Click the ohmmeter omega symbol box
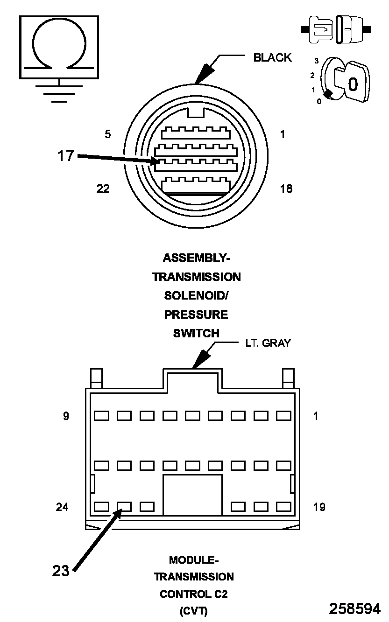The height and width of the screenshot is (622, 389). [x=59, y=47]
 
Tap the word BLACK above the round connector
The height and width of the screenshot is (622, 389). [x=272, y=58]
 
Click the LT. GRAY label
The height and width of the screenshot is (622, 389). [x=268, y=343]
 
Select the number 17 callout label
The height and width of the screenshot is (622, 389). [x=66, y=155]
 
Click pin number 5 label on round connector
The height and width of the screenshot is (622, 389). [x=108, y=134]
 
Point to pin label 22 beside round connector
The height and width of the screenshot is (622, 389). [x=103, y=189]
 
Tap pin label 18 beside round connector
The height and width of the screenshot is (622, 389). [x=286, y=189]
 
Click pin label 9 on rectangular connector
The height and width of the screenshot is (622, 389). [x=66, y=416]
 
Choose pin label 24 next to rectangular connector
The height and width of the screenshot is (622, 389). [x=62, y=507]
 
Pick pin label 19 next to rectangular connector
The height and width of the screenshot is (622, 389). [x=319, y=507]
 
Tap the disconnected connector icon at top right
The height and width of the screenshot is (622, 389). [x=336, y=29]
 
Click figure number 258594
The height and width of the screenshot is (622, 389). [x=354, y=608]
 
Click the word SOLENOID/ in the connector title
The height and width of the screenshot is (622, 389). [x=196, y=296]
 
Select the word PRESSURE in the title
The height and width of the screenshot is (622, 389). [x=196, y=314]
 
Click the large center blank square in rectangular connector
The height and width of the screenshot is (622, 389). [x=192, y=496]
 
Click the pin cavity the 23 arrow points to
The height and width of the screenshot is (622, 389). [x=124, y=506]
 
